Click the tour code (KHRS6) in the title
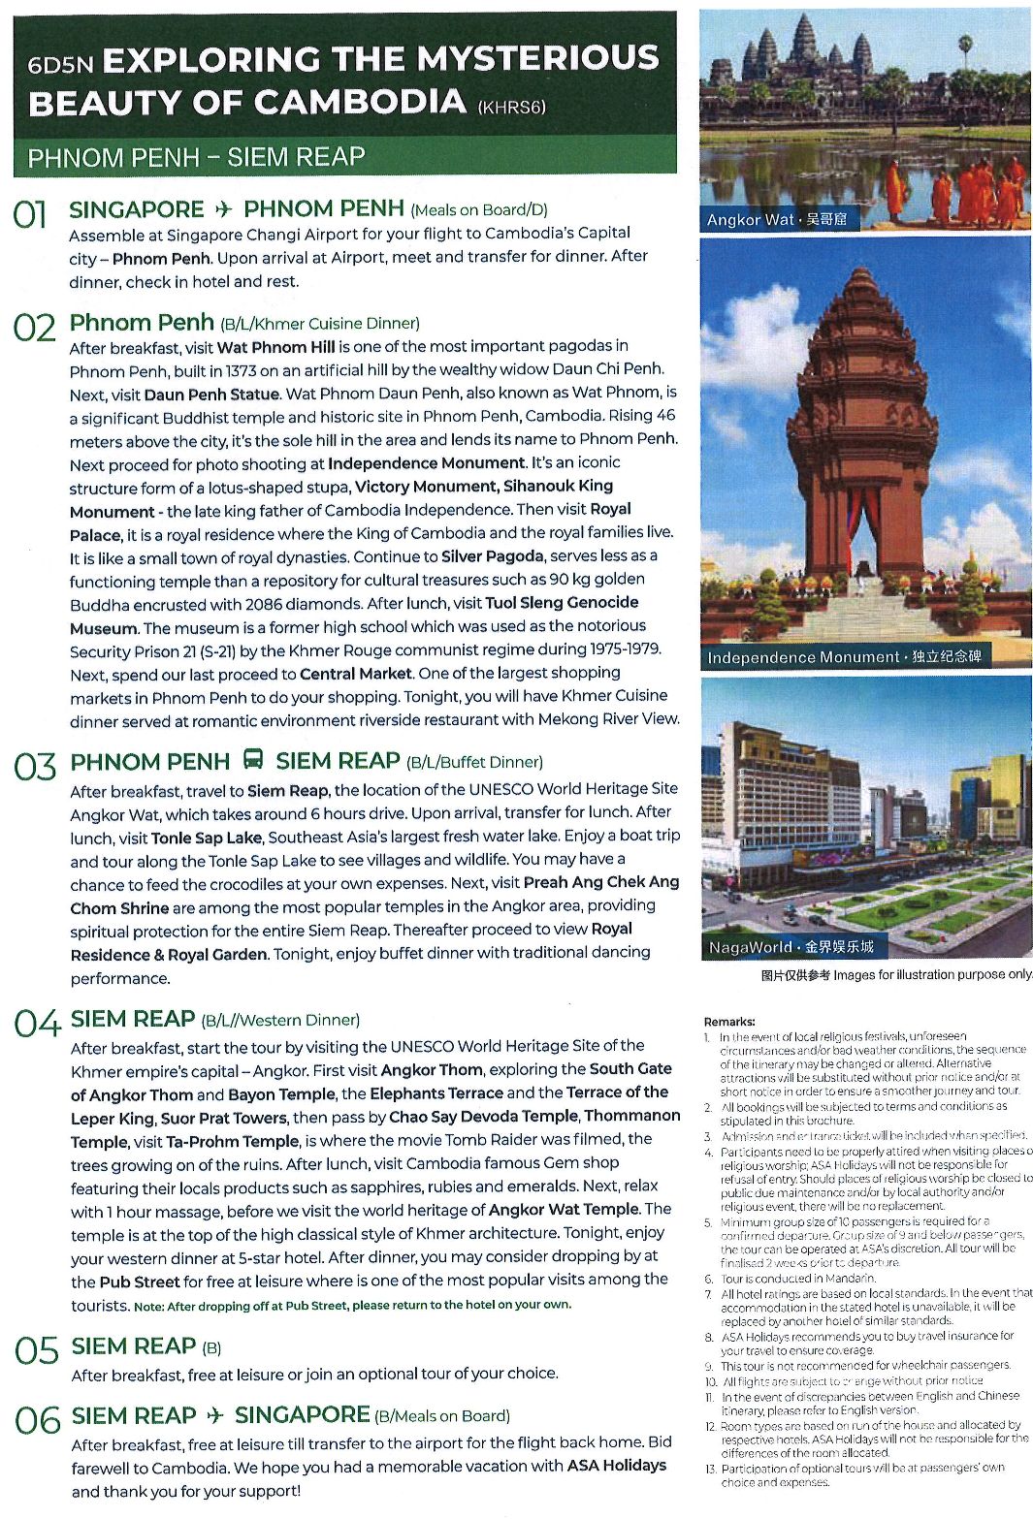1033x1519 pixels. point(511,107)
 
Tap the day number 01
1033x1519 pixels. point(30,214)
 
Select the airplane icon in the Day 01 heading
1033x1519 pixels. point(223,209)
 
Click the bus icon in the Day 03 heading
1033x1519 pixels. point(253,760)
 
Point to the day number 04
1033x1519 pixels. point(36,1023)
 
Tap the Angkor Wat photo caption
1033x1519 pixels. point(776,220)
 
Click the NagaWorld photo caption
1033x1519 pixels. point(790,947)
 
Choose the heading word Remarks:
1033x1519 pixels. point(729,1022)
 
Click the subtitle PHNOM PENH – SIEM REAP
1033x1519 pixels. point(196,158)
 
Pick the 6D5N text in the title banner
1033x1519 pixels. point(60,65)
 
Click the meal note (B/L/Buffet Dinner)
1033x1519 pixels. point(474,762)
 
